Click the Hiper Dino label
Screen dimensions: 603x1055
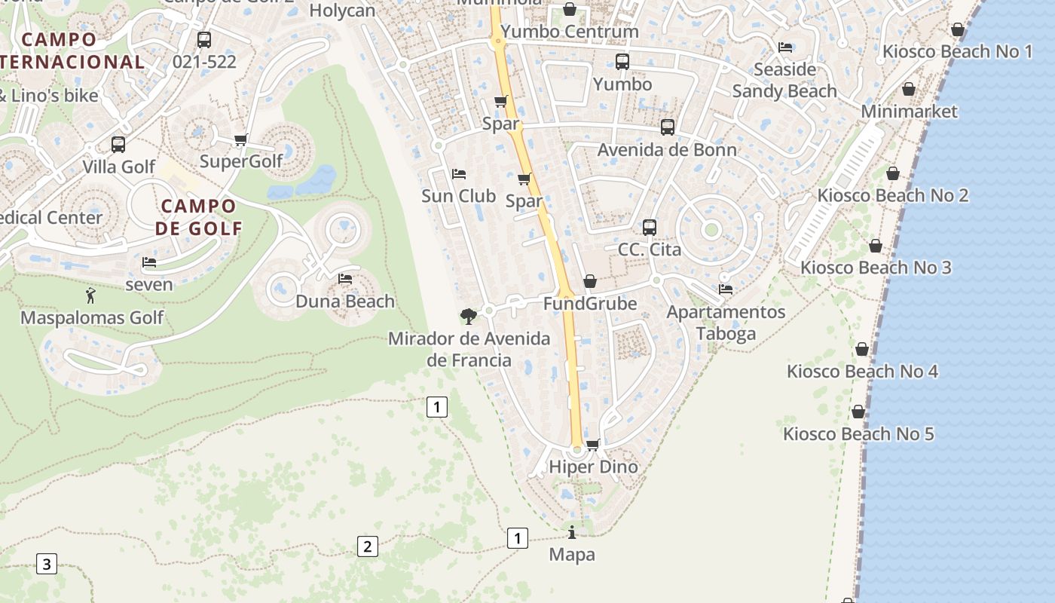tap(593, 467)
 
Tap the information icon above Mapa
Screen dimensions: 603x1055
tap(572, 532)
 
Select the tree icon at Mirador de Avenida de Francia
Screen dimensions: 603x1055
tap(468, 316)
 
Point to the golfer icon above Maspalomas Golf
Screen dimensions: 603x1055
tap(91, 295)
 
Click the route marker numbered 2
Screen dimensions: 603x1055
tap(367, 546)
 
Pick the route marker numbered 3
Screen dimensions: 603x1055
tap(47, 563)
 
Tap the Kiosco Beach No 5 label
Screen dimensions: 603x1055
tap(858, 434)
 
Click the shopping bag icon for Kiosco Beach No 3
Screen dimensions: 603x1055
tap(876, 246)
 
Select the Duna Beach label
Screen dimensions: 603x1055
tap(345, 301)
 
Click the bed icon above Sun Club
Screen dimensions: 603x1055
tap(459, 174)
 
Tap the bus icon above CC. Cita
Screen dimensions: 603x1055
tap(650, 227)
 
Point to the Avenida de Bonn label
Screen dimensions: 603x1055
tap(667, 149)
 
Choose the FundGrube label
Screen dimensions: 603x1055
tap(590, 304)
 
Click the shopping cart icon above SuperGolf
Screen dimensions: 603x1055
tap(241, 139)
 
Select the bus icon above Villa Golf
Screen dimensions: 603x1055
tap(118, 144)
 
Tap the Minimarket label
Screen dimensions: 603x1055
tap(909, 112)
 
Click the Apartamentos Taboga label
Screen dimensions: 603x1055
tap(726, 323)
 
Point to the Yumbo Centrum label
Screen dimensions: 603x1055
tap(570, 32)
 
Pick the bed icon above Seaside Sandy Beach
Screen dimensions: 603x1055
tap(785, 47)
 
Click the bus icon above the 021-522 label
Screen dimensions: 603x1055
tap(204, 40)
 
